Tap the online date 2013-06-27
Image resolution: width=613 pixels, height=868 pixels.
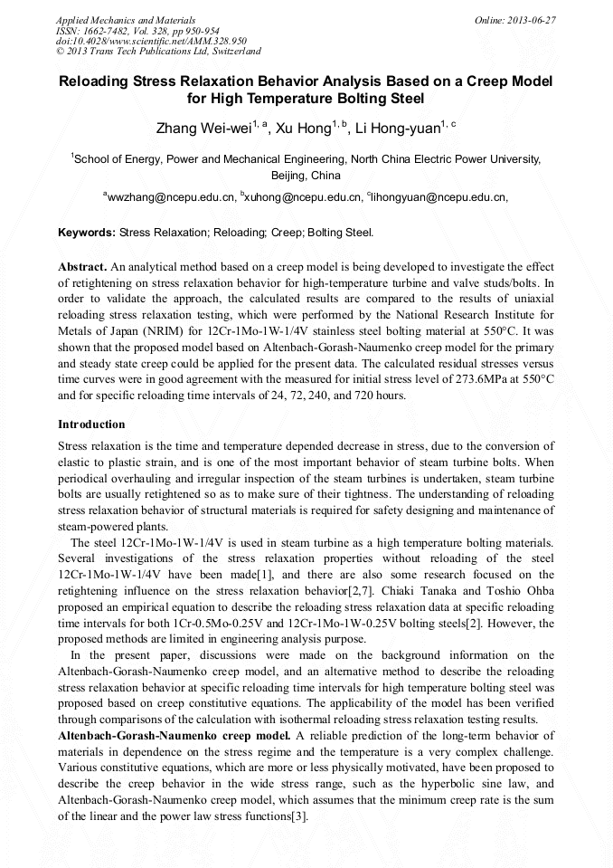click(x=531, y=19)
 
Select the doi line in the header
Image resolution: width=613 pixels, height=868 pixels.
click(x=151, y=41)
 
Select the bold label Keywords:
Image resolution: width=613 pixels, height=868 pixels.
click(x=87, y=233)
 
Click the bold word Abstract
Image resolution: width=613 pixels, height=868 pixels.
click(x=82, y=268)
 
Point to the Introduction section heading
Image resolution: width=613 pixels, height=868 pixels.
click(x=91, y=424)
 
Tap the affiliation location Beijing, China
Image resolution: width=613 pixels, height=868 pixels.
click(x=306, y=176)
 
